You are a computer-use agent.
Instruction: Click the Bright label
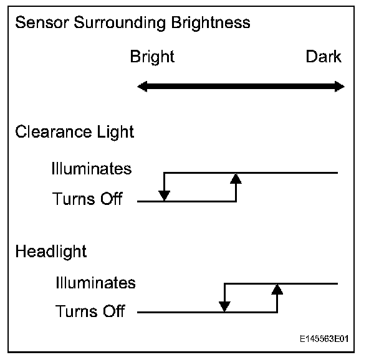coord(152,57)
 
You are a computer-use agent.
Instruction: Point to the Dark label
coord(324,57)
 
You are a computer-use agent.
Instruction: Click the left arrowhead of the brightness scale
coord(142,87)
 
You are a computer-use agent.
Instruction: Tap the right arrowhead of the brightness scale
coord(339,87)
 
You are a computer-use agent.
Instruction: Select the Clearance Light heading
coord(74,132)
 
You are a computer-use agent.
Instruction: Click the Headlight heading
coord(51,252)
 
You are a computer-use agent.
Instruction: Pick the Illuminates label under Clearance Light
coord(92,169)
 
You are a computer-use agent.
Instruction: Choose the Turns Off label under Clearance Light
coord(88,200)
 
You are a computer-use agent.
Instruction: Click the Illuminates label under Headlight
coord(95,283)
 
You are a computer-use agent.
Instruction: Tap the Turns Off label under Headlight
coord(90,311)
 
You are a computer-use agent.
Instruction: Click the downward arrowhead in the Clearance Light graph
coord(164,196)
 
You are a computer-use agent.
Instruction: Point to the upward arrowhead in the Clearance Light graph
coord(236,179)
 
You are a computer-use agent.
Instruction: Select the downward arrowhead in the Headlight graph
coord(224,306)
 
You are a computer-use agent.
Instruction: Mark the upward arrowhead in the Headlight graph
coord(278,288)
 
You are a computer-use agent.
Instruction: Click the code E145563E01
coord(323,339)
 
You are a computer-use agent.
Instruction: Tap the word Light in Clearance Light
coord(117,132)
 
